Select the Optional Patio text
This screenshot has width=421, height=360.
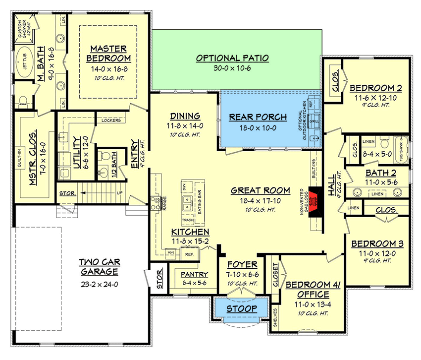point(232,58)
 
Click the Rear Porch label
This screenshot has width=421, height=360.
point(258,118)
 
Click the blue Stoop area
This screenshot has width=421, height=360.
point(241,309)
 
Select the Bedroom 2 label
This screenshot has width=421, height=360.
point(375,88)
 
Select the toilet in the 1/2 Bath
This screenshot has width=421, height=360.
point(105,155)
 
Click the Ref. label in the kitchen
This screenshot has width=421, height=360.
point(190,254)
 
